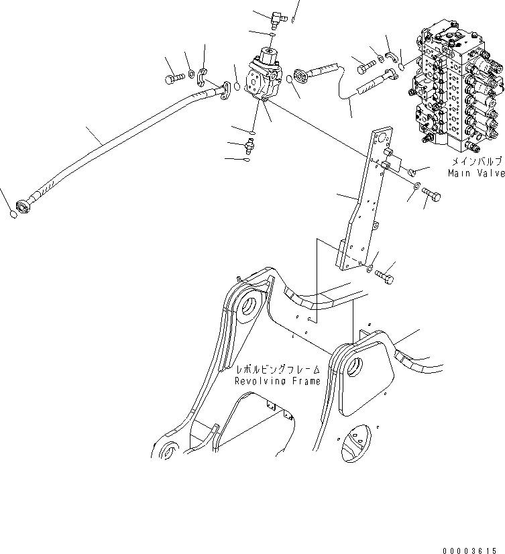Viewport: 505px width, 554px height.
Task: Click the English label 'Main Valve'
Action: [476, 173]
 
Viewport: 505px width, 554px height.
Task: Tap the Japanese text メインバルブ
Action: [476, 162]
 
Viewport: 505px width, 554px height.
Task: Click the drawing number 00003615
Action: [473, 548]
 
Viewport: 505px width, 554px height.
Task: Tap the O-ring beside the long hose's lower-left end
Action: [13, 215]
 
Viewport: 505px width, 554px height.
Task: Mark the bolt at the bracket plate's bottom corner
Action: [385, 274]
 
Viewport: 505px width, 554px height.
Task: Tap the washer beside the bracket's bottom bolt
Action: [370, 269]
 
